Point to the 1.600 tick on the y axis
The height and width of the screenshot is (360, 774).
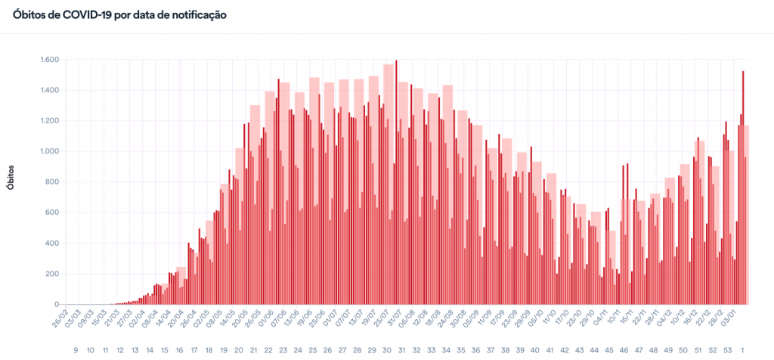(49, 60)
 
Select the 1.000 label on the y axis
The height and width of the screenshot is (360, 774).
(49, 151)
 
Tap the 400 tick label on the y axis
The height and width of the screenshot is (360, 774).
(53, 243)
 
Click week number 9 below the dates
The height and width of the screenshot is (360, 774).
(76, 350)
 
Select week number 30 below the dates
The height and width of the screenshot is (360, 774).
(387, 350)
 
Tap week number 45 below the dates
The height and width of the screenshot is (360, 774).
(609, 350)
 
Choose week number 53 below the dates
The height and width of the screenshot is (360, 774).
(728, 350)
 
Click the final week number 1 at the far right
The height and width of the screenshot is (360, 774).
(745, 350)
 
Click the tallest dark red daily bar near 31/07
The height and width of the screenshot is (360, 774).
(396, 182)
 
